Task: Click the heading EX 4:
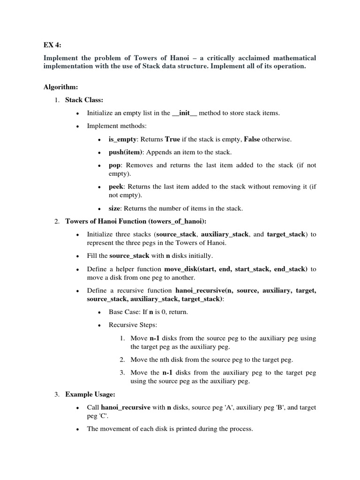[x=52, y=45]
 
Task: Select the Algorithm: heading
[x=61, y=87]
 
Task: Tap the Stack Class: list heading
[x=84, y=100]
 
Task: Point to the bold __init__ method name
[x=184, y=113]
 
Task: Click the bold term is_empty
[x=122, y=139]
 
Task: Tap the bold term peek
[x=116, y=187]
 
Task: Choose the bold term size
[x=114, y=208]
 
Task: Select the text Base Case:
[x=125, y=312]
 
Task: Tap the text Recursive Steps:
[x=133, y=324]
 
